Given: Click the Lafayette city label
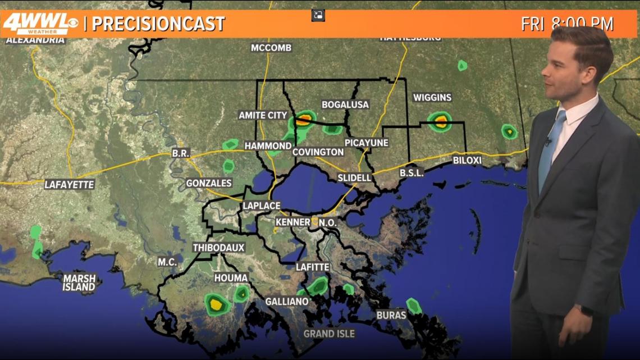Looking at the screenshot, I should coord(70,184).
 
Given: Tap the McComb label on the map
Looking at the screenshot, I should coord(271,48).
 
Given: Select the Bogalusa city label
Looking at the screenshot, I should coord(345,104).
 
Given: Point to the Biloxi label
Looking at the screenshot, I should coord(467,161).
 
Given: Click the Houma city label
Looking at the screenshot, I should coord(231,278).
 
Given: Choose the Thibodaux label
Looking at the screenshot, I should coord(218,248).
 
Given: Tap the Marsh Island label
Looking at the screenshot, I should coord(79,282).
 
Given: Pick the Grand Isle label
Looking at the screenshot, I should coord(329,334).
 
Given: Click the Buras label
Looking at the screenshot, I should coord(391,315).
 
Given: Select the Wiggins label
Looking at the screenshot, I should coord(432,98).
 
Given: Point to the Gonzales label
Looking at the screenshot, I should coord(209,183).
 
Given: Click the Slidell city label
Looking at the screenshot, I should coord(354,177).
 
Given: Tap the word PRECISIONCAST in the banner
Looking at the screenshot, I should coord(158,24).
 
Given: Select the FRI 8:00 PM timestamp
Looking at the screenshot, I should coord(567,24).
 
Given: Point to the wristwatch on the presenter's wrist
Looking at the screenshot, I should coord(586,310).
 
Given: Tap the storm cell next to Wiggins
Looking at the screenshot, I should coord(440,120).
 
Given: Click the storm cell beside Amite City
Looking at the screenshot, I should coord(304,119).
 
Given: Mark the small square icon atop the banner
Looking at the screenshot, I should coord(318,15).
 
